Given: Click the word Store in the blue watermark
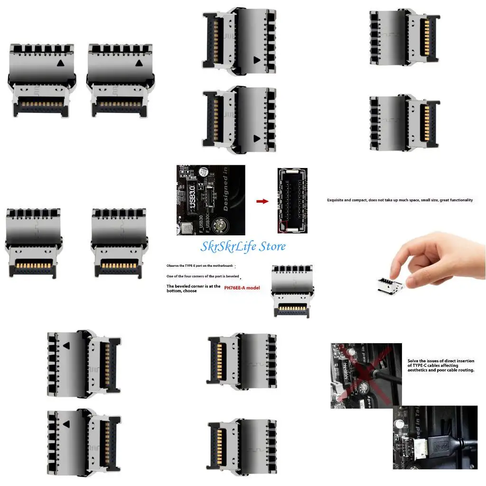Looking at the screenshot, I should pos(269,246).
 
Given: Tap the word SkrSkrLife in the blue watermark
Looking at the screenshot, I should pos(225,246).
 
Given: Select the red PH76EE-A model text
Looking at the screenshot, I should pos(242,288).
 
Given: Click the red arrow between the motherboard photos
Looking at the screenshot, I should pos(262,201).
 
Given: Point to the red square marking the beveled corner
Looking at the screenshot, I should pos(283,226).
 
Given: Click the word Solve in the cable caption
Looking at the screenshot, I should pos(413,361).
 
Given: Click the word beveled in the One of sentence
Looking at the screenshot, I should pos(231,276).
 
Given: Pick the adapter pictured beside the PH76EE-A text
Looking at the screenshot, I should pos(290,291).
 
